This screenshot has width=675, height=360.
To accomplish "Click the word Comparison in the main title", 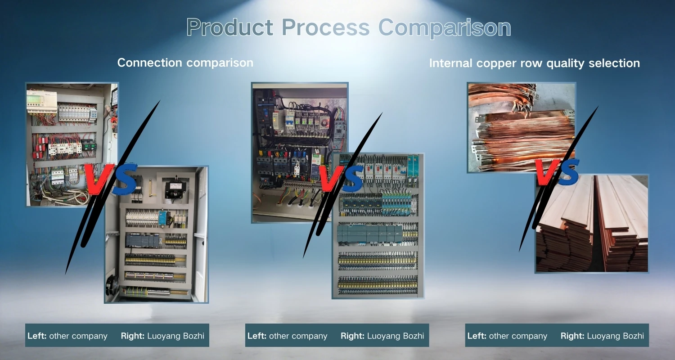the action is [445, 28].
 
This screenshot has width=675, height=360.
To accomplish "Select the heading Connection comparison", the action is [185, 63].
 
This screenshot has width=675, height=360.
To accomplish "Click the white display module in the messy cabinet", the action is [41, 101].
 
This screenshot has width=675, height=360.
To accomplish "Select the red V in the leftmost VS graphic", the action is [98, 179].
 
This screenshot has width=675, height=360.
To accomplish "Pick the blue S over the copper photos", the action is [567, 172].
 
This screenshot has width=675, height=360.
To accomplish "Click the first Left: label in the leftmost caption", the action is [37, 336].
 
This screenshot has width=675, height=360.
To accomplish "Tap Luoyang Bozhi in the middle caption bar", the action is [396, 336].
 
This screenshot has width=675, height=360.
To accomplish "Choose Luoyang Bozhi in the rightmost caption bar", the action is [615, 336].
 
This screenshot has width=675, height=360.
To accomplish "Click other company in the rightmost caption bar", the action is [517, 336].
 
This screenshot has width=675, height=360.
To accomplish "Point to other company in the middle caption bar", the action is [298, 336].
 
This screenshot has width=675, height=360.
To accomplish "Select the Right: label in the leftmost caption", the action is [133, 336].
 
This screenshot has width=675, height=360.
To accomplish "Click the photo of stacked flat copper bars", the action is [592, 224].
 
